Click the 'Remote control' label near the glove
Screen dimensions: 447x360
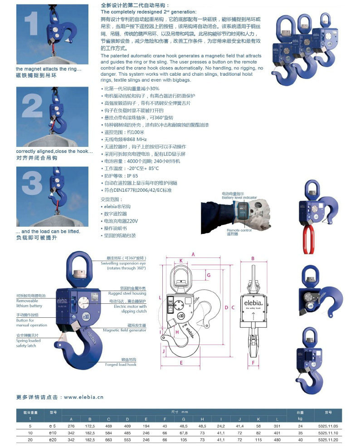pyautogui.click(x=239, y=230)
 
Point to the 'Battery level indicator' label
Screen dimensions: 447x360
pyautogui.click(x=239, y=198)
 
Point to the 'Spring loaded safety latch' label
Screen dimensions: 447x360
pyautogui.click(x=28, y=343)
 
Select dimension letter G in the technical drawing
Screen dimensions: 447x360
pyautogui.click(x=208, y=275)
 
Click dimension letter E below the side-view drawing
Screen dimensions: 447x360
pyautogui.click(x=180, y=363)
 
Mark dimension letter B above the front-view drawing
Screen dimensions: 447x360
pyautogui.click(x=253, y=259)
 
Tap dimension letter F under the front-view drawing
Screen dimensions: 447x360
pyautogui.click(x=253, y=363)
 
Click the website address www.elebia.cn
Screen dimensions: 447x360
pyautogui.click(x=83, y=397)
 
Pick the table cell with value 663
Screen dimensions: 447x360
pyautogui.click(x=108, y=439)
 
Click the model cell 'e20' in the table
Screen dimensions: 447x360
pyautogui.click(x=53, y=439)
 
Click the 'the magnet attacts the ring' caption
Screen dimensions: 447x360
pyautogui.click(x=49, y=69)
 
